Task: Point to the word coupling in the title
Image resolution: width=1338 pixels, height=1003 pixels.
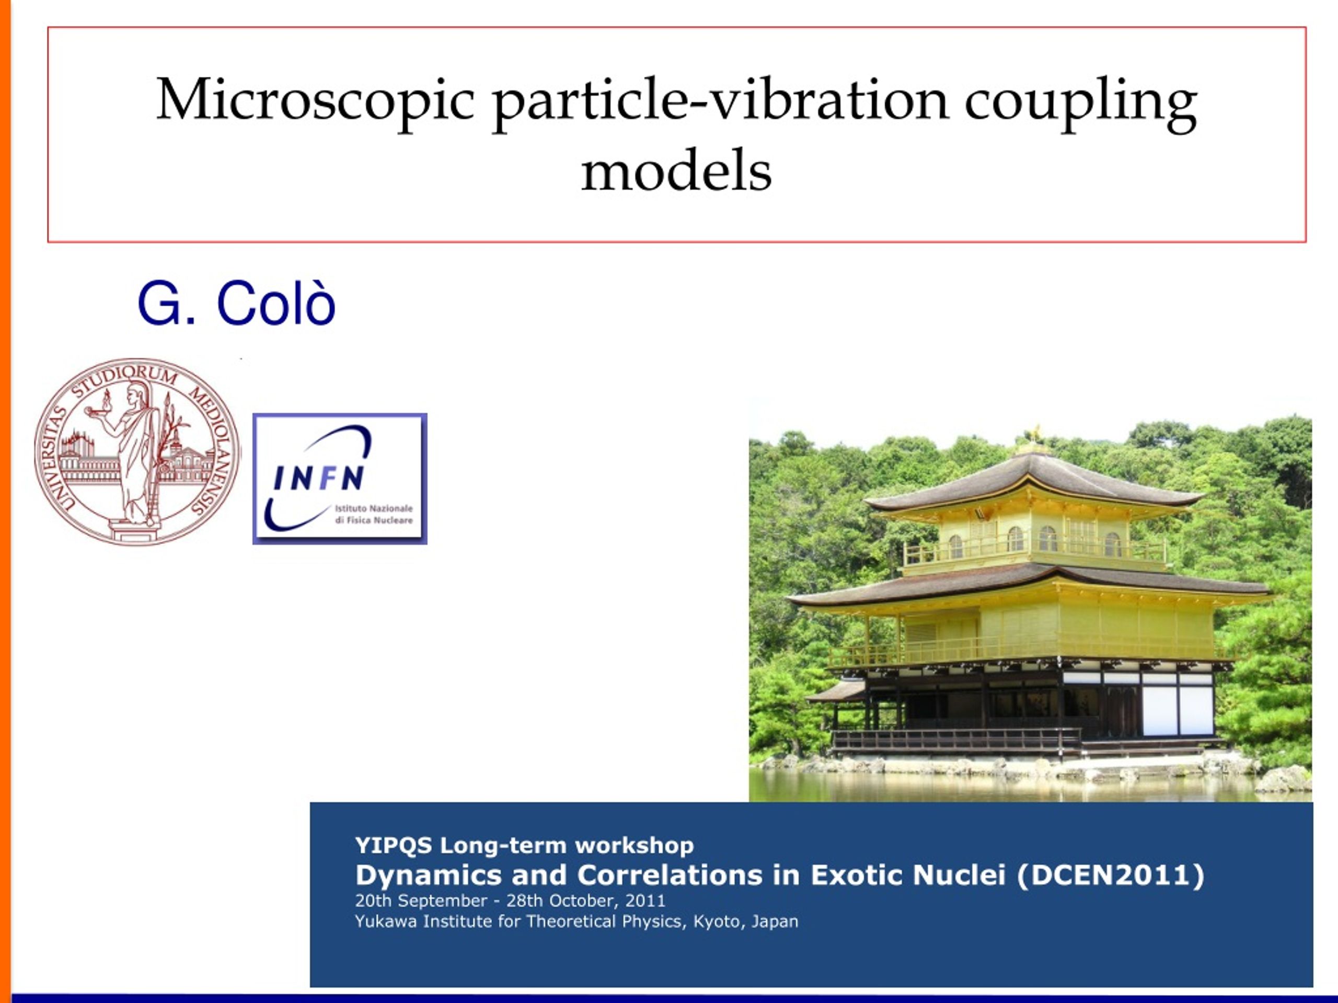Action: (1081, 103)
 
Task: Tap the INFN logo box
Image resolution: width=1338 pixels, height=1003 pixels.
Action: (340, 479)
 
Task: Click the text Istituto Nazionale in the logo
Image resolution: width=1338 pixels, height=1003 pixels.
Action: (374, 508)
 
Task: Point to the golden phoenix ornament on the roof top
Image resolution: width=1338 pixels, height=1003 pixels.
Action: (1036, 433)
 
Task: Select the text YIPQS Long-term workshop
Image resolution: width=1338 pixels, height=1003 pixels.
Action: (524, 845)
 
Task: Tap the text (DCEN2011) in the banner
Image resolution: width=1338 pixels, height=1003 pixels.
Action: (1111, 875)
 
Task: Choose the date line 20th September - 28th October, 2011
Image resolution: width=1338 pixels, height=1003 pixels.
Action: (510, 901)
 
